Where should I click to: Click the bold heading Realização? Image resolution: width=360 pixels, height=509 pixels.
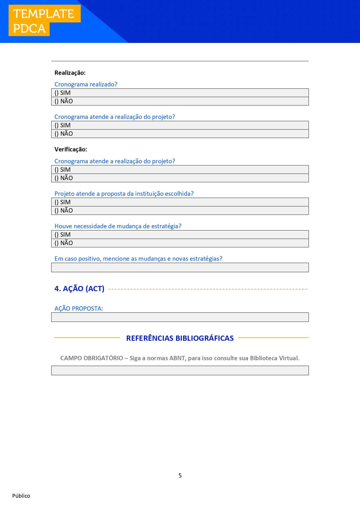pos(70,73)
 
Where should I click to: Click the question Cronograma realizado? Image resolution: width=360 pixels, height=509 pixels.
pos(86,84)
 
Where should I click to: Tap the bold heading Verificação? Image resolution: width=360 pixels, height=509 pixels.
pos(71,149)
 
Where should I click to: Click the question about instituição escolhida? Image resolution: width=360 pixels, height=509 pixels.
pos(124,194)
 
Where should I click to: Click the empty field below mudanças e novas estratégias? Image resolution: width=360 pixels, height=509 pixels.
pos(180,267)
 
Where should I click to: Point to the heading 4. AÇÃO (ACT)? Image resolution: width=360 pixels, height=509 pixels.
pos(79,289)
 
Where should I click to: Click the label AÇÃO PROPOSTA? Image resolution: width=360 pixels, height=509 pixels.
pos(79,309)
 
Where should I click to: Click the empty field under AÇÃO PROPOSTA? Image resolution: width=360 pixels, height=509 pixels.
pos(180,317)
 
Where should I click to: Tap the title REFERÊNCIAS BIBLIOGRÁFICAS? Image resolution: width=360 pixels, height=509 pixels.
pos(180,338)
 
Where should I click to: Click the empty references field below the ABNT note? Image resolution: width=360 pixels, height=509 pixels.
pos(180,370)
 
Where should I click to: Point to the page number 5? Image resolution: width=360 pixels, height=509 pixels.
pos(180,476)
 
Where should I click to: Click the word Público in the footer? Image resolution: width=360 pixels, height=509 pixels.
pos(21,496)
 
